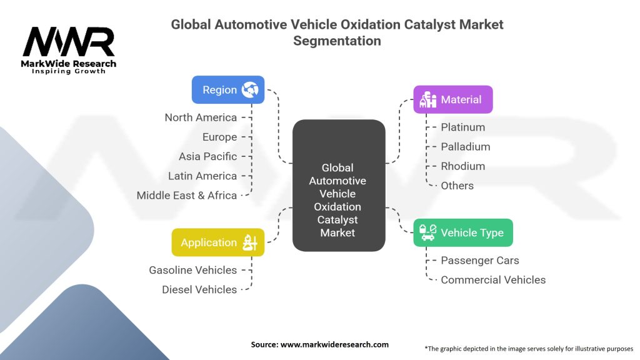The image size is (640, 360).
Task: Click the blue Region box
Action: tap(227, 89)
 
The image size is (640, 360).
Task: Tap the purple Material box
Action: tap(453, 99)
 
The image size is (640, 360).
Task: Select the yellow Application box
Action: tap(217, 242)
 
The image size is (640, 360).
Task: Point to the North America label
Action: tap(201, 117)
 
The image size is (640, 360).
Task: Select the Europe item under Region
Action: tap(219, 137)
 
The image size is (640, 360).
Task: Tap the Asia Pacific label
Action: tap(207, 156)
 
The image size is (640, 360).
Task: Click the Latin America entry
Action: tap(202, 176)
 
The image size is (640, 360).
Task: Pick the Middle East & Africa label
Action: tap(187, 195)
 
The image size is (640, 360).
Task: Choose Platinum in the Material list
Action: tap(462, 127)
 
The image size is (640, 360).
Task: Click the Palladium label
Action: tap(465, 146)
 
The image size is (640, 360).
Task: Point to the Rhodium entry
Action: tap(462, 166)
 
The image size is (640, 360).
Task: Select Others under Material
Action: tap(457, 185)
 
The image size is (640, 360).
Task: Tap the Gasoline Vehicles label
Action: tap(192, 270)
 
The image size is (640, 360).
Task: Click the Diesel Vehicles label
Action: tap(199, 289)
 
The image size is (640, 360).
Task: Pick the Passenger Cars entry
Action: tap(479, 260)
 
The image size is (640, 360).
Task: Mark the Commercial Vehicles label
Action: tap(493, 279)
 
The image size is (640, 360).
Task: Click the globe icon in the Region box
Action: tap(250, 89)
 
